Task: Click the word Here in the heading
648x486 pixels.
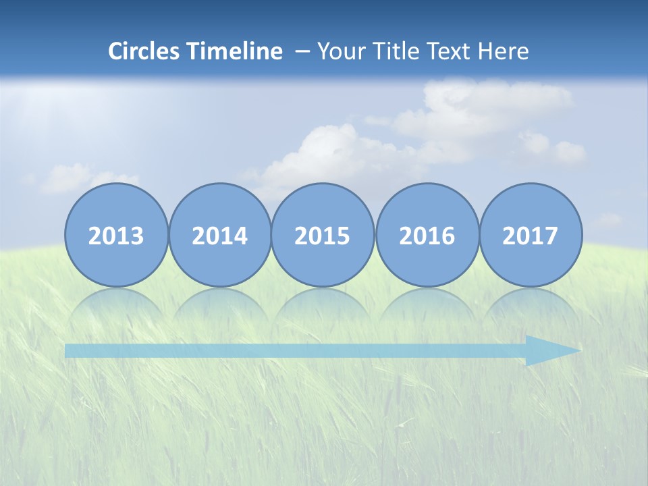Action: (x=504, y=51)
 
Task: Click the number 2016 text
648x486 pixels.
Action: (x=427, y=236)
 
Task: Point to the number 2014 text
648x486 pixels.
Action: (x=220, y=236)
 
